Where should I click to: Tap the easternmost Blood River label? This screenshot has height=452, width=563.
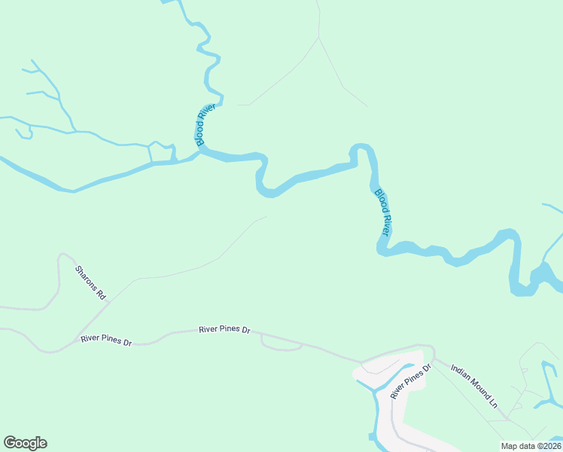point(383,212)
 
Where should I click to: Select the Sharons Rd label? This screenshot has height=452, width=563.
point(90,282)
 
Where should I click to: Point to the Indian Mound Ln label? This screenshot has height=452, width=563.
point(474,385)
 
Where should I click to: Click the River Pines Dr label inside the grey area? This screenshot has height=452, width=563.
point(409,382)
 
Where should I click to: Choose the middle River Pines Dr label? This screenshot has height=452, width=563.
point(224,330)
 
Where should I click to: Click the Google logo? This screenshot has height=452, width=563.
point(25,443)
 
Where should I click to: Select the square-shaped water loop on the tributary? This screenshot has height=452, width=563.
point(160,152)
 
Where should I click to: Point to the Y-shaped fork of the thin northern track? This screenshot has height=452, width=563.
point(319,37)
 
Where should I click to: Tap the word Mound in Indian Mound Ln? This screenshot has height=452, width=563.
point(476,386)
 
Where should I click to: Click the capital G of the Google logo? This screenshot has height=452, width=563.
point(10,442)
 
